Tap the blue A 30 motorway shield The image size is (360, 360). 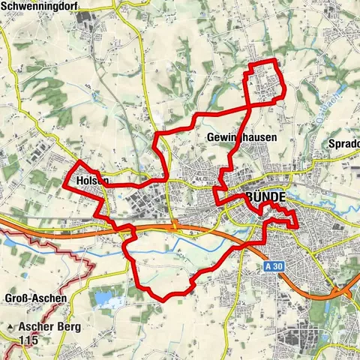(274, 266)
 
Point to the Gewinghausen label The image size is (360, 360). (241, 138)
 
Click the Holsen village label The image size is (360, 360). (92, 181)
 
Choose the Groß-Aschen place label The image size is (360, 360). (35, 298)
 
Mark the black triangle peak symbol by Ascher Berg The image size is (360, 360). (10, 328)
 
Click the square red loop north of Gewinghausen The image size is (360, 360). (266, 79)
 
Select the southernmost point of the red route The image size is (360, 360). (162, 299)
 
